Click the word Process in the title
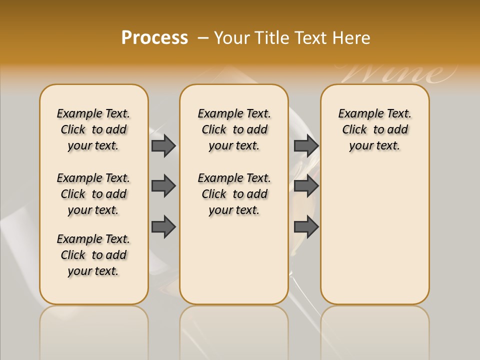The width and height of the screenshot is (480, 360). [154, 37]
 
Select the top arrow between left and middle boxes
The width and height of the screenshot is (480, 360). [163, 145]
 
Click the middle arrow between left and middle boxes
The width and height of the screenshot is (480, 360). [163, 186]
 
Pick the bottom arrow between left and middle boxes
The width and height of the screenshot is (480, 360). [163, 227]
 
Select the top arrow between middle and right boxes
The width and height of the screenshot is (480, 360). [306, 145]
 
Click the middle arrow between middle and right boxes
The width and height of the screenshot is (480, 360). [306, 186]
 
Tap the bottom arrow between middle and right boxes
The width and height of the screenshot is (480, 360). [306, 227]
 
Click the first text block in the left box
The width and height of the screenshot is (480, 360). [93, 129]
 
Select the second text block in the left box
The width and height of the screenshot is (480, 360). [93, 194]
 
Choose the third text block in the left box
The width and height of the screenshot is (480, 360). [93, 255]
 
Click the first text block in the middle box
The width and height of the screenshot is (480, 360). [234, 129]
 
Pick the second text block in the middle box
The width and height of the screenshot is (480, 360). [234, 194]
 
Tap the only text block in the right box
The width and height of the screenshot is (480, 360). [374, 129]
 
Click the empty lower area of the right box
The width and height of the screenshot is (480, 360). [374, 235]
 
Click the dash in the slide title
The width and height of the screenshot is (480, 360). [203, 38]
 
